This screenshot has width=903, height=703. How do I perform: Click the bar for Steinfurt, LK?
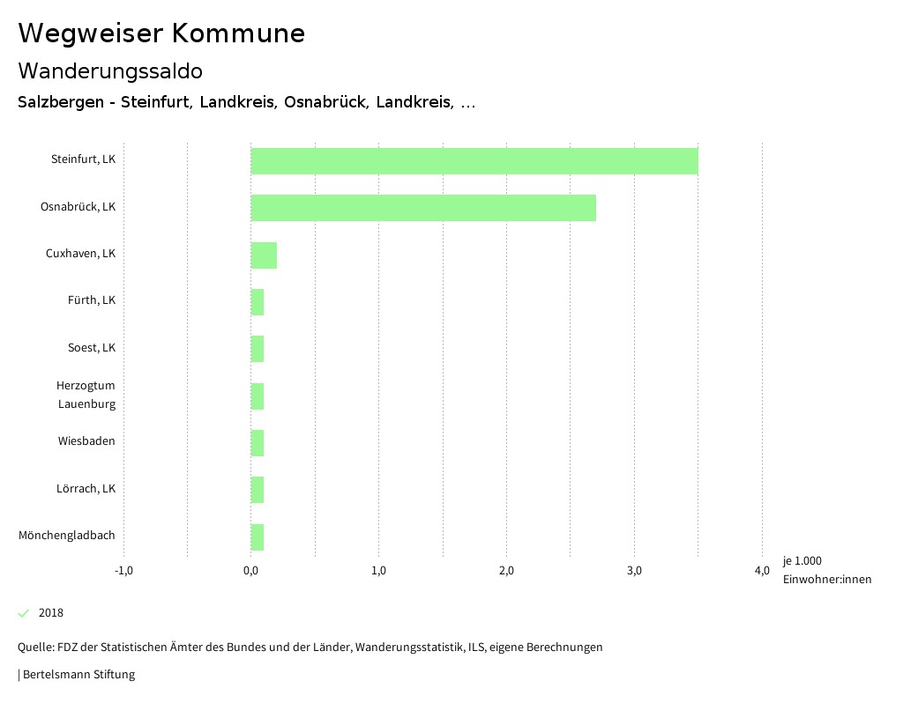click(x=474, y=161)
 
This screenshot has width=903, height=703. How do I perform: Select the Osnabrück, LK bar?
click(x=423, y=208)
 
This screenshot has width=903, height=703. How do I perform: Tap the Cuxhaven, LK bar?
click(x=264, y=255)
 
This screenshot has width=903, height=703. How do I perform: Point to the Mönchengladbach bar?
click(x=257, y=536)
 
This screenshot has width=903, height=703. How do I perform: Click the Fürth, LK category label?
click(x=92, y=300)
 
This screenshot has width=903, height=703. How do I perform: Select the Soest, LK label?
click(x=92, y=348)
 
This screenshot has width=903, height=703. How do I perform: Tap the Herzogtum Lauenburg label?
click(x=86, y=395)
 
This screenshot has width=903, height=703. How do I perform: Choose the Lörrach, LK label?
click(x=86, y=489)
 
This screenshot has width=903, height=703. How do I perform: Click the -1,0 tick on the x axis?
click(x=123, y=571)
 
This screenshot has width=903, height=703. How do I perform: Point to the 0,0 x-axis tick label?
click(x=251, y=571)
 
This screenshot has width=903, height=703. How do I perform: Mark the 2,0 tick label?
click(x=506, y=571)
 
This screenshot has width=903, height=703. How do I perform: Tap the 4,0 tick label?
click(x=762, y=571)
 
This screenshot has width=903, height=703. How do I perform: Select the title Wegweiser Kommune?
click(x=161, y=33)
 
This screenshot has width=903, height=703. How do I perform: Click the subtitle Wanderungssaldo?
click(x=110, y=70)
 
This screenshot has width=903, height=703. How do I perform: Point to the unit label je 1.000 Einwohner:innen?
click(x=826, y=570)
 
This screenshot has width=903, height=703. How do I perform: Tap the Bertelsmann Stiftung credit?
click(x=78, y=675)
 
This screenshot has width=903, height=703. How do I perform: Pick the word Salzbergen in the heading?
click(x=59, y=102)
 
